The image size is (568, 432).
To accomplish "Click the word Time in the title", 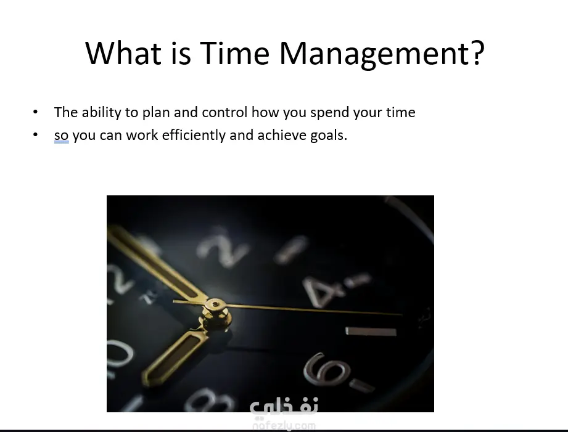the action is [235, 53].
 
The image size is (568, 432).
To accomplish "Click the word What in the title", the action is [123, 53].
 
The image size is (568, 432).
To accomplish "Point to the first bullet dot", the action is [35, 112].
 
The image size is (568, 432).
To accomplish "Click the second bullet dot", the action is [35, 135].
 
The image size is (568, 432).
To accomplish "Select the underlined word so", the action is [61, 136].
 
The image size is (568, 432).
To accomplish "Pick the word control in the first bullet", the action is [224, 112].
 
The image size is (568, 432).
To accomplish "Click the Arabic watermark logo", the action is [284, 407].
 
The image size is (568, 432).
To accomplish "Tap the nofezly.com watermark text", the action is [284, 425].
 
